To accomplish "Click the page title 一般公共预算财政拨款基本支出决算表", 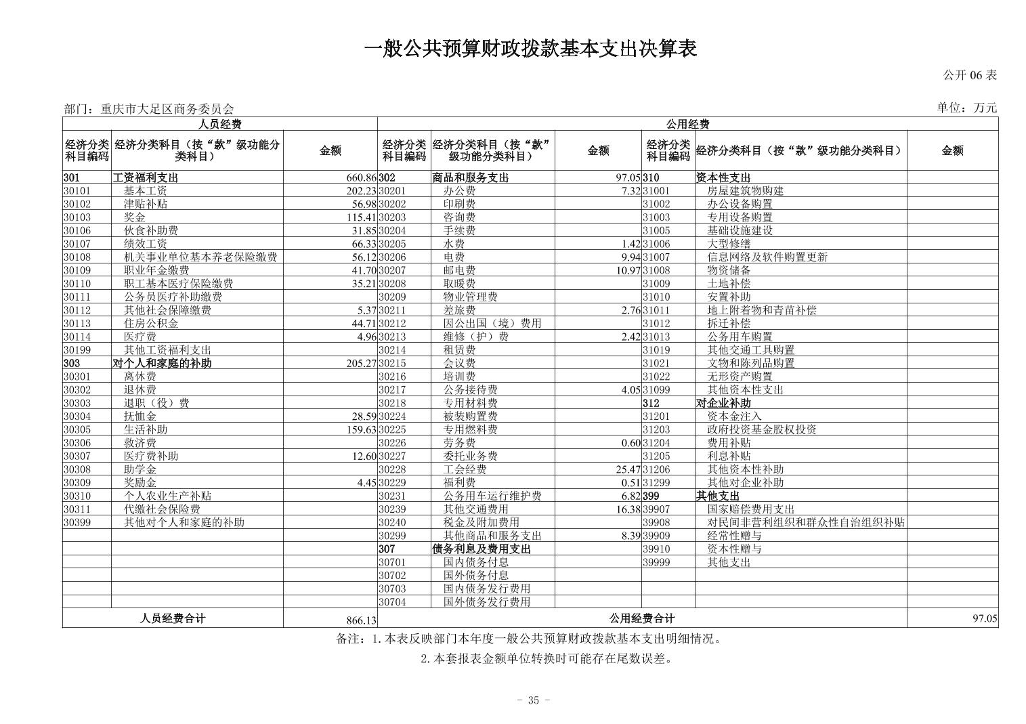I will point(530,49).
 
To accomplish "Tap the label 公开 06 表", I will point(970,75).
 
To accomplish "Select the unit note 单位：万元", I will point(966,108).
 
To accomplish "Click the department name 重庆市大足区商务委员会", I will point(167,108).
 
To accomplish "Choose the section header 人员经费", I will point(219,124).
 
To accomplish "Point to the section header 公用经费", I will point(687,124).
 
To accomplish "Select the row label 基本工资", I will point(145,191).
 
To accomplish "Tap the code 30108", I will point(77,257).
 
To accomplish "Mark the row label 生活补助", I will point(145,429).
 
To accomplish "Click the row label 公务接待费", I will point(470,389).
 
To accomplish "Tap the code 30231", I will point(392,496).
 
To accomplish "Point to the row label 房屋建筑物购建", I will point(745,191).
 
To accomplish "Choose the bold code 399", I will point(650,496).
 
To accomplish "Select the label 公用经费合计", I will point(641,618).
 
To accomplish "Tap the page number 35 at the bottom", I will point(533,700).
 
